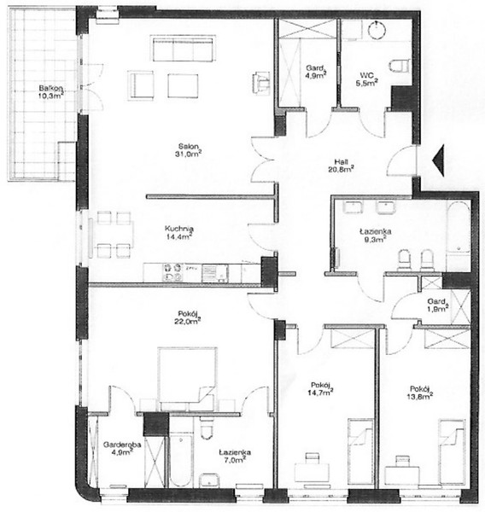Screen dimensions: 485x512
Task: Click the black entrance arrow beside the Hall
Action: pos(439,160)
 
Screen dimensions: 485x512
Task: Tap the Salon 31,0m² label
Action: pos(188,150)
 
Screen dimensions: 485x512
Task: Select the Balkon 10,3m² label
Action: pos(50,92)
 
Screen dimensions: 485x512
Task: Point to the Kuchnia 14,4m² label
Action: pos(179,232)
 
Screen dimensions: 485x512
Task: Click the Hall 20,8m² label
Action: pos(341,166)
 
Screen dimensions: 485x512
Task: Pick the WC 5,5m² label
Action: pos(366,79)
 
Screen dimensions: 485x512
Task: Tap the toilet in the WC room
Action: pos(400,66)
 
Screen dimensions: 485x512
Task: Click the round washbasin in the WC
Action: pos(377,30)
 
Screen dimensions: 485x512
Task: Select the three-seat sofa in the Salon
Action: pos(183,49)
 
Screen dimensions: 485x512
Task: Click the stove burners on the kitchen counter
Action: pos(172,272)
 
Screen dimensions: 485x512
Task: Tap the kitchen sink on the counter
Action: pos(214,273)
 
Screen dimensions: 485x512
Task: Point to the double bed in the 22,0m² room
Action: pos(187,378)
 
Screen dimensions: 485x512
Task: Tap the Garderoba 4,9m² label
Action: pos(122,448)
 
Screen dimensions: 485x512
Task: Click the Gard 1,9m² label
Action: pos(437,305)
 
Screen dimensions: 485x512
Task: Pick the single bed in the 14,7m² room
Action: pos(360,451)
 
